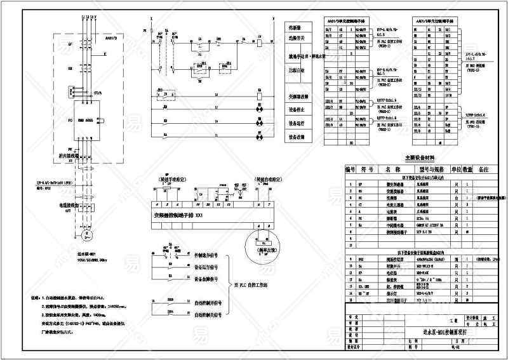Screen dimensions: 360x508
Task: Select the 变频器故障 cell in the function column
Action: coord(300,96)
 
